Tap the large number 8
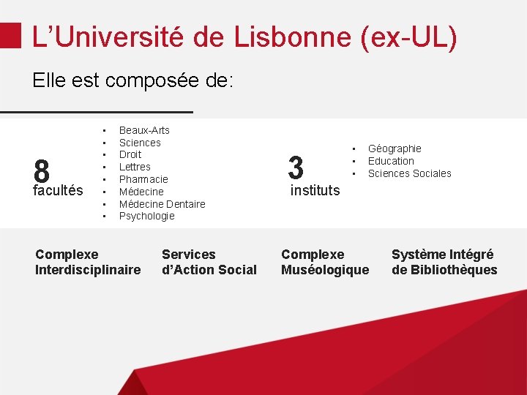[x=42, y=173]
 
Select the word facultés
[x=58, y=191]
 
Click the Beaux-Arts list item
[x=144, y=130]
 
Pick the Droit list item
[x=130, y=154]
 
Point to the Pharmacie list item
[x=143, y=179]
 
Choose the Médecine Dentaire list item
[x=162, y=204]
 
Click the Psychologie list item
[x=146, y=216]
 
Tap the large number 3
[x=296, y=168]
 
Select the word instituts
[x=315, y=190]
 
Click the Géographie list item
[x=395, y=148]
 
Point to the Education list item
[x=391, y=161]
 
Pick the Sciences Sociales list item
[x=409, y=173]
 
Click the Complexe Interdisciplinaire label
[x=88, y=262]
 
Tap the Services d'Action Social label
[x=209, y=262]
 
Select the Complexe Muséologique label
[x=325, y=262]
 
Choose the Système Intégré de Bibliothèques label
[x=444, y=262]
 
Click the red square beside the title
[x=10, y=34]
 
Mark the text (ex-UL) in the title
[x=409, y=37]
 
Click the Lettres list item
[x=135, y=167]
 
